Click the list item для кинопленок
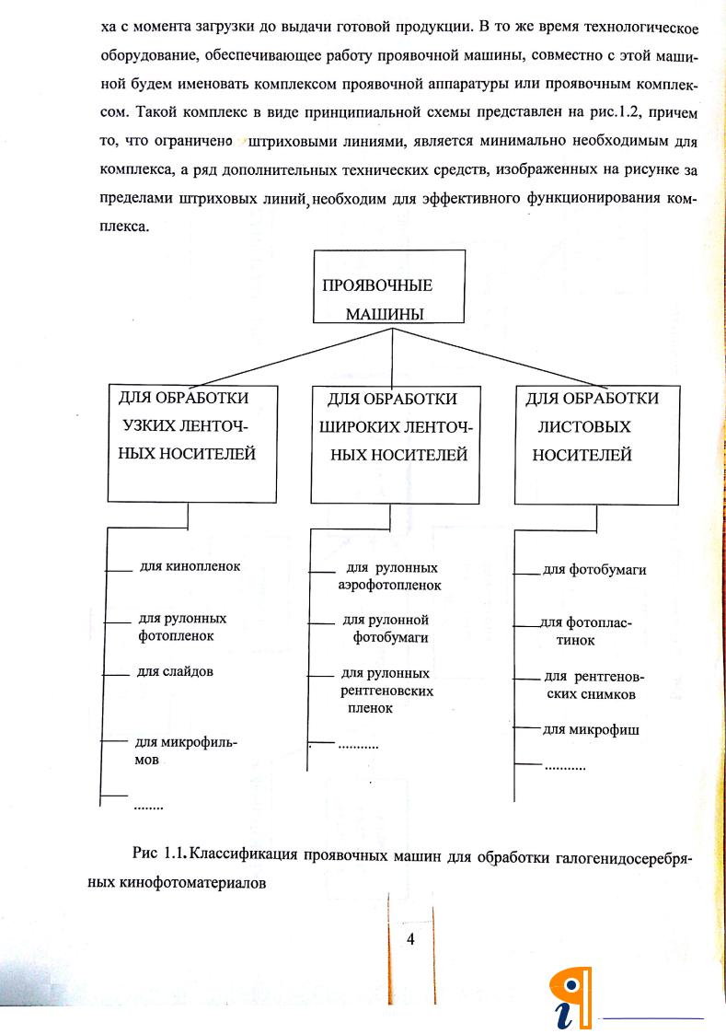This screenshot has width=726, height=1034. [x=190, y=566]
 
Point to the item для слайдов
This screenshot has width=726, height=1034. [x=175, y=671]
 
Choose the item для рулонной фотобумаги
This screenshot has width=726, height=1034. [x=386, y=628]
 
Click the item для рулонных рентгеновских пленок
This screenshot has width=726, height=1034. [x=386, y=690]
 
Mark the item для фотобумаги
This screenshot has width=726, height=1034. [x=593, y=569]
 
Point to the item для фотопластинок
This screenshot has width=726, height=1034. [x=586, y=631]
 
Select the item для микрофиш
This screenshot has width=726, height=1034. [x=590, y=730]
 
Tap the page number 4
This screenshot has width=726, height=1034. [x=410, y=939]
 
